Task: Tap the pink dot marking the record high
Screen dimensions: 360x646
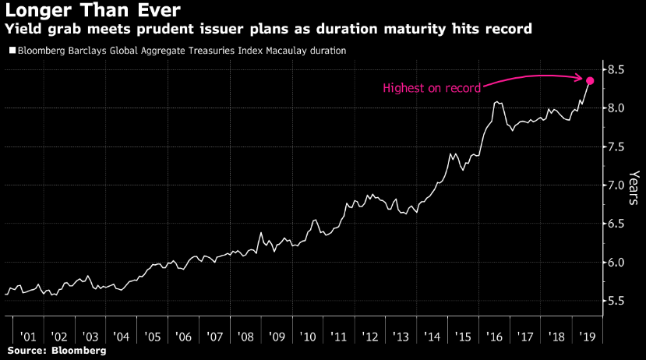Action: (590, 81)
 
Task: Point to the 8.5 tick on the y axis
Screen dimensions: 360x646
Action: (616, 70)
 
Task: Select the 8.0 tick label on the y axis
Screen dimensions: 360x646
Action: (616, 108)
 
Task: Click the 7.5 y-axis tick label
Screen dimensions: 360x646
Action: (616, 146)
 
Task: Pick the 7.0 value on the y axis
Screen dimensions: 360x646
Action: (616, 185)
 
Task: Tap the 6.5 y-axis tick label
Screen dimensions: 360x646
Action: (616, 224)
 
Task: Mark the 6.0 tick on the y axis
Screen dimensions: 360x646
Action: (616, 263)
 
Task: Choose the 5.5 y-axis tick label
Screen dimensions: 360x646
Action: (616, 301)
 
